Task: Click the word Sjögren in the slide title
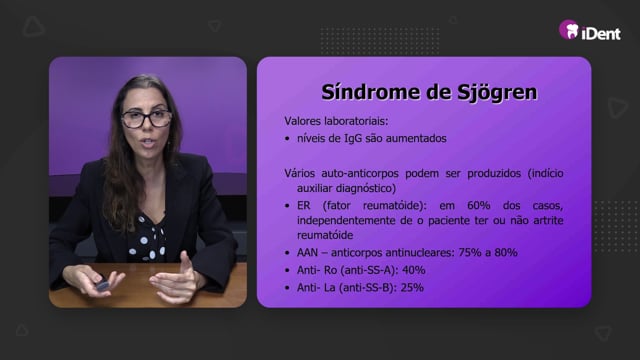click(x=496, y=93)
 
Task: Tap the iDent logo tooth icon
click(x=569, y=30)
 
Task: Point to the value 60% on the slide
click(x=478, y=205)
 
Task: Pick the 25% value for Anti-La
click(x=412, y=288)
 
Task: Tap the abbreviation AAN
click(x=307, y=253)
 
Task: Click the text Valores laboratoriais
click(x=336, y=121)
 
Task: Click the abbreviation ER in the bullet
click(x=304, y=205)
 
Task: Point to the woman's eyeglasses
click(x=147, y=119)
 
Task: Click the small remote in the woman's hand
click(x=102, y=284)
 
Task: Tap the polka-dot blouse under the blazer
click(x=147, y=240)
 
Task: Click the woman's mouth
click(x=148, y=142)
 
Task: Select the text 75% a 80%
click(x=488, y=253)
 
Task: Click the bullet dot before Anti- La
click(x=287, y=288)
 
